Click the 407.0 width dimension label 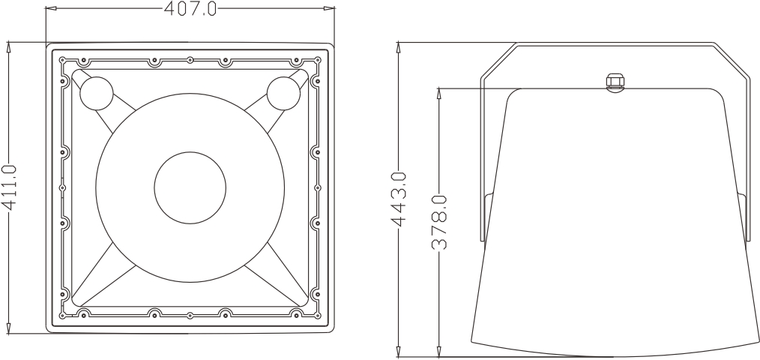coord(190,8)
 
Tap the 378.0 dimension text coord(442,222)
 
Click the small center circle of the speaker coord(190,187)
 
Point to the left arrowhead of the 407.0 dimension coord(50,9)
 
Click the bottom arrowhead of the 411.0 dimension coord(9,328)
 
